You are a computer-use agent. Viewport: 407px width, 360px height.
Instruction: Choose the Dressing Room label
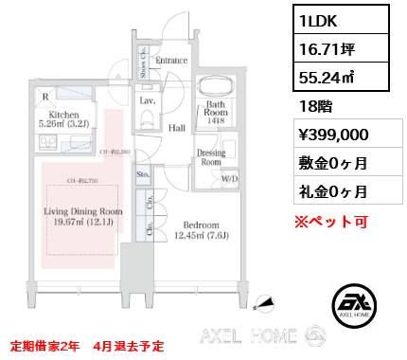tap(210, 157)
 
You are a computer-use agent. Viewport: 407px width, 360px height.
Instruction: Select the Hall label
tap(177, 126)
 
